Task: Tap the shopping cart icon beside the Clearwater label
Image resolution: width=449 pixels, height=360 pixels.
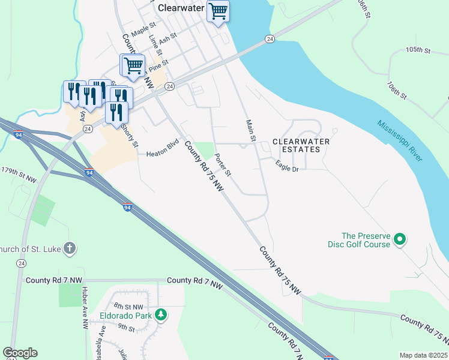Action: [x=218, y=10]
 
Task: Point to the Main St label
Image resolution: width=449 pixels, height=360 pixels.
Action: [x=251, y=131]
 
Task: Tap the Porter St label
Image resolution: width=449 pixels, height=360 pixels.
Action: [x=223, y=163]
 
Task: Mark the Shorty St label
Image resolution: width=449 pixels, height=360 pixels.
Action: [x=130, y=136]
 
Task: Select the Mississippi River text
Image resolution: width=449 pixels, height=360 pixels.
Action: [x=400, y=140]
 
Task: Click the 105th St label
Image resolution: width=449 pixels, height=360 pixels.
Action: [x=418, y=50]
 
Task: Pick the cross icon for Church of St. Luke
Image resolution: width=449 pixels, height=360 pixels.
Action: [x=70, y=247]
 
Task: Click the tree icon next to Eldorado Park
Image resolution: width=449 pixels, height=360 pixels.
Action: [x=160, y=314]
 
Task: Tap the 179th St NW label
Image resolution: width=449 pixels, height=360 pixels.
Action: [x=19, y=175]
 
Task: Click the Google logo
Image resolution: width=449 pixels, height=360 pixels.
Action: [x=20, y=353]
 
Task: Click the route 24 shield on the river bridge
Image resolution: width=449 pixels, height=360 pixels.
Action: [x=270, y=39]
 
